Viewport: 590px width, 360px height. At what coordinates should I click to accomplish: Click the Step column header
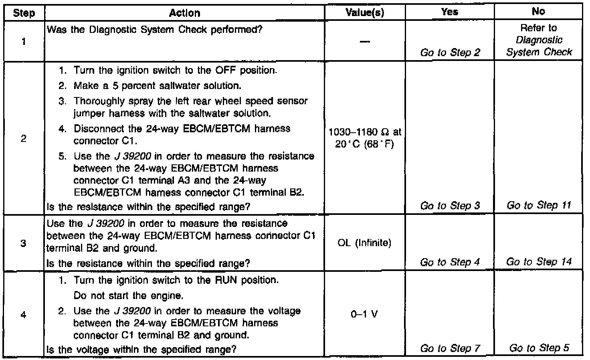(x=24, y=13)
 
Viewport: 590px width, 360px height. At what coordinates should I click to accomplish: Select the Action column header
(x=184, y=13)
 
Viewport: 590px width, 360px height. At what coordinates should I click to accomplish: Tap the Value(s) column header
(x=365, y=13)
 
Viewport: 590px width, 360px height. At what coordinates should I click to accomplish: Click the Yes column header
(x=450, y=12)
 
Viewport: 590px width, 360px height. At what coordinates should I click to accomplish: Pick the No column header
(x=538, y=12)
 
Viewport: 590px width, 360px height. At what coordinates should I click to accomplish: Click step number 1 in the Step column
(x=24, y=41)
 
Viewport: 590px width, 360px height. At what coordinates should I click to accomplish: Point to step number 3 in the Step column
(x=24, y=243)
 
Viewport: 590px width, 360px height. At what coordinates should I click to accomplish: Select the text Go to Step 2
(x=450, y=53)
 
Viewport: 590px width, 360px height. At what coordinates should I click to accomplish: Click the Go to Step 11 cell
(x=539, y=205)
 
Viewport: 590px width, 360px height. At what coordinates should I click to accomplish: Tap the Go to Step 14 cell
(x=539, y=262)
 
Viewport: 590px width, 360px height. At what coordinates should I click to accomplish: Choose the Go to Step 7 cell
(x=450, y=348)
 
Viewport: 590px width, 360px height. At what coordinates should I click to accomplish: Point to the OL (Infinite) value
(x=364, y=243)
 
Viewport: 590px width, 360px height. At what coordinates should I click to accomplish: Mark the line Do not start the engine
(x=128, y=296)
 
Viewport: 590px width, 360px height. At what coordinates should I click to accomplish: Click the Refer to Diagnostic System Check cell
(x=539, y=40)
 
